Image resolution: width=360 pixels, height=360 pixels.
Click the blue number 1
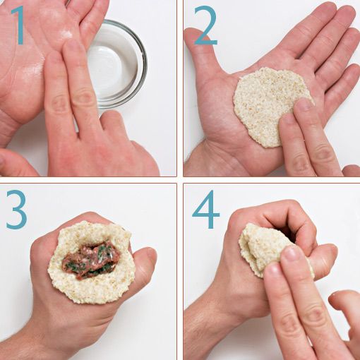18,25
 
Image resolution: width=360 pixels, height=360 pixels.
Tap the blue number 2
205,25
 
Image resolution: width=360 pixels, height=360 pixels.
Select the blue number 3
16,210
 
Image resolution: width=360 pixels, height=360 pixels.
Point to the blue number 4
207,210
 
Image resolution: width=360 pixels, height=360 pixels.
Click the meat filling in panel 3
90,259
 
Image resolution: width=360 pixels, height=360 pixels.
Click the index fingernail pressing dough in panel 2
304,104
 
